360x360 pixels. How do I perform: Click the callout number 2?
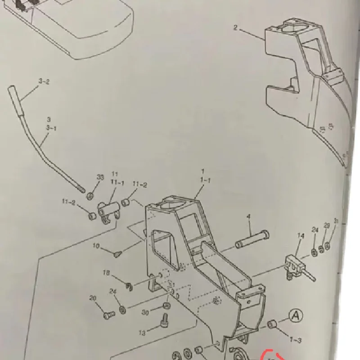point(235,28)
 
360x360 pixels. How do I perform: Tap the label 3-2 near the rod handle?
point(44,81)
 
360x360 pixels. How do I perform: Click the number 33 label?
point(100,177)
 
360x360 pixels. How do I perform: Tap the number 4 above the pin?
point(248,217)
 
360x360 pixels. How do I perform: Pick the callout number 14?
point(301,235)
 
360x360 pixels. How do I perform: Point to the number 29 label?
point(326,225)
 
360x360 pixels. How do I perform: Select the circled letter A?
point(295,316)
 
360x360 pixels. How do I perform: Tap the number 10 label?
point(96,246)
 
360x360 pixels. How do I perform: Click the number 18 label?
point(107,273)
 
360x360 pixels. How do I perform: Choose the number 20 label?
point(93,298)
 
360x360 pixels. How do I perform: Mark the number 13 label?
point(142,333)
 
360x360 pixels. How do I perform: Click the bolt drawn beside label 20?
point(107,315)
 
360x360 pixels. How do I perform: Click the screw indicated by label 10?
point(117,255)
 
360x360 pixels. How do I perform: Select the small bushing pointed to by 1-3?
point(272,324)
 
